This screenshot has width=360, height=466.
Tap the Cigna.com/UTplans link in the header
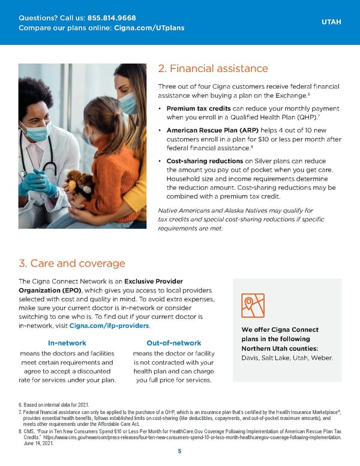[149, 28]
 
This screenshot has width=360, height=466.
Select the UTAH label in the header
[331, 22]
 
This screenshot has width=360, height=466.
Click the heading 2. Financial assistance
[212, 69]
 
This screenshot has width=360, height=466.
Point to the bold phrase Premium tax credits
[197, 108]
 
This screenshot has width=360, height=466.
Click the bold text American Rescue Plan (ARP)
[208, 129]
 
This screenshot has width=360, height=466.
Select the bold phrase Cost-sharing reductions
[205, 160]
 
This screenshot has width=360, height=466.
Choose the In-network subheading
[67, 343]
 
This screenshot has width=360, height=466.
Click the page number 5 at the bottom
[179, 452]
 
